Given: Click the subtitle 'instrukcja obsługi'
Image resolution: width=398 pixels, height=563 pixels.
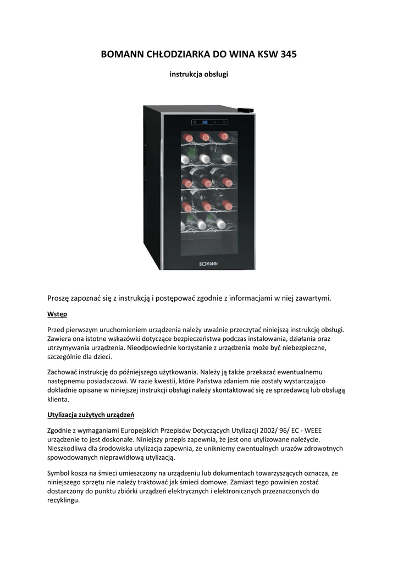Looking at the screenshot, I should (198, 74).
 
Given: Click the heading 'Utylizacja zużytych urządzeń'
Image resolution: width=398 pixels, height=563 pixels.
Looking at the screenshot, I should (91, 414).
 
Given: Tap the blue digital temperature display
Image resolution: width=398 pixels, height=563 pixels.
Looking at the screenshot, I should (204, 122).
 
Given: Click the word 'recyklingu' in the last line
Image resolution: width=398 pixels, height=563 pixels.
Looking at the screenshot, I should (63, 501).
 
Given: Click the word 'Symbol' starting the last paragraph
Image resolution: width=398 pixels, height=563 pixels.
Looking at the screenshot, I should (58, 473).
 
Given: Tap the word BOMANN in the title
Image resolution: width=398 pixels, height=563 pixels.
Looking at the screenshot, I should (123, 54).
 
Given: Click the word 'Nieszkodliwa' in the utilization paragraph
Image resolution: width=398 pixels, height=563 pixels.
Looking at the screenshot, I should (68, 448).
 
